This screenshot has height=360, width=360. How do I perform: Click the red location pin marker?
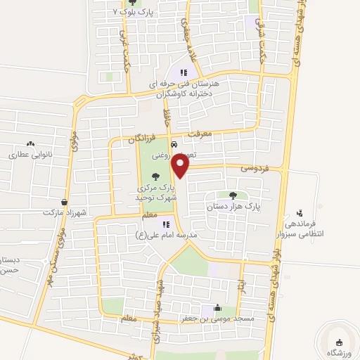pyautogui.click(x=181, y=165)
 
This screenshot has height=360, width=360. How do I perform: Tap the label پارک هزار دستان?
pyautogui.click(x=233, y=208)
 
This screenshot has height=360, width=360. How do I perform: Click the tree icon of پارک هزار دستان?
pyautogui.click(x=233, y=195)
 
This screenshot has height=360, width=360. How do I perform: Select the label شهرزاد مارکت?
pyautogui.click(x=63, y=212)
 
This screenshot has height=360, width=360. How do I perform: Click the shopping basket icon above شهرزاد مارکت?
pyautogui.click(x=64, y=201)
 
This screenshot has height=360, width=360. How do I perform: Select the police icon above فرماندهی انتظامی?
pyautogui.click(x=301, y=212)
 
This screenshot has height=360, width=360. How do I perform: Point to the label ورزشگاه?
pyautogui.click(x=341, y=351)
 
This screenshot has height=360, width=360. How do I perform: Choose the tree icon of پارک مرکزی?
pyautogui.click(x=155, y=177)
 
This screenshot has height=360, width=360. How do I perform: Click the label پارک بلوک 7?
pyautogui.click(x=136, y=13)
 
